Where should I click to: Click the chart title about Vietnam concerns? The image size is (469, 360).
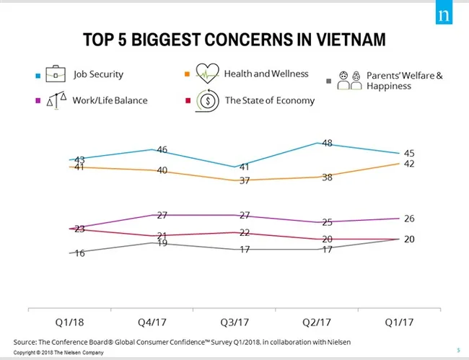point(234,39)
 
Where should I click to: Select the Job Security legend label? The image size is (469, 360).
point(98,74)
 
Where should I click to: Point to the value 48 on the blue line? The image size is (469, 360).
point(326,143)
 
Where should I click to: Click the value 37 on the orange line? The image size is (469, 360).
point(245,180)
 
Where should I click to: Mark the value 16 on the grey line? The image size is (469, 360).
point(79,253)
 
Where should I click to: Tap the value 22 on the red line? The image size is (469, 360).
point(245,232)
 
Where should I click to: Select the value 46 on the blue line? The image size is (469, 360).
point(162,149)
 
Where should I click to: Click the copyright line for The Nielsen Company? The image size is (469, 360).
point(59,353)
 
